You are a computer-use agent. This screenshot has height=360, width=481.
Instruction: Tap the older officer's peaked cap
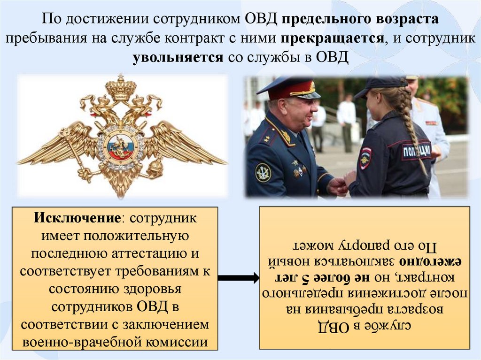click(289, 88)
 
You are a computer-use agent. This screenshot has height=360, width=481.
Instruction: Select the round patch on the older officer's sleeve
click(263, 172)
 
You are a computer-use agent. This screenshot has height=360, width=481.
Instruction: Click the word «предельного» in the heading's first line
click(328, 19)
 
